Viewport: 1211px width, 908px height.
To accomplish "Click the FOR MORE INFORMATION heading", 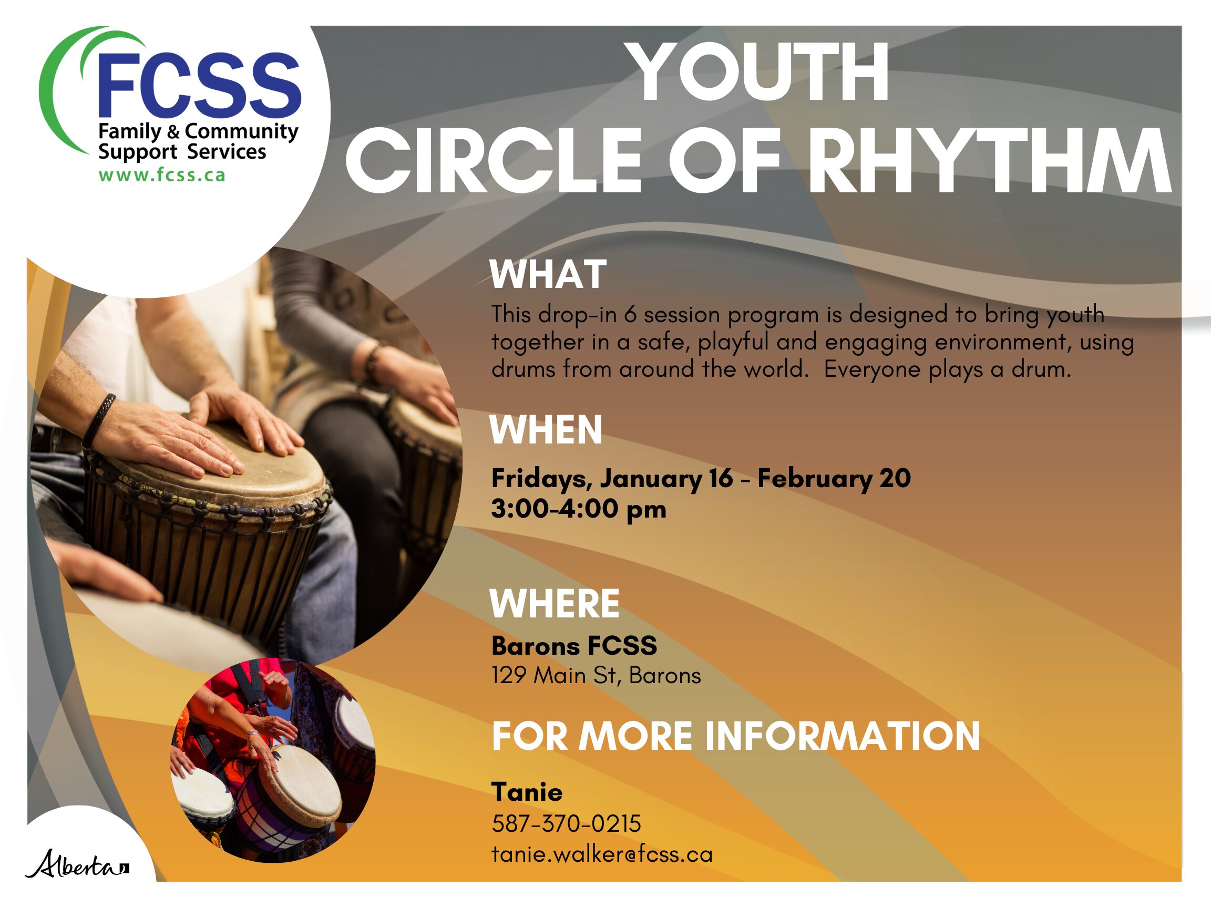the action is click(x=736, y=736).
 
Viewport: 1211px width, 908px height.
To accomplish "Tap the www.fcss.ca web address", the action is click(x=162, y=175).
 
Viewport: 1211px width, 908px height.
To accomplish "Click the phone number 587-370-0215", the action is click(x=566, y=824).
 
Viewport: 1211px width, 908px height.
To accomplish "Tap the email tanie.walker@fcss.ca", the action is click(x=602, y=854).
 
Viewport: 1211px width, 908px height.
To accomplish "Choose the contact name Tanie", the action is click(x=527, y=792).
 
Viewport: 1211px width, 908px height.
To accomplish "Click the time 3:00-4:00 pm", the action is click(x=579, y=509).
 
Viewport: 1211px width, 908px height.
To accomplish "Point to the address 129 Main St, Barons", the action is click(x=596, y=675).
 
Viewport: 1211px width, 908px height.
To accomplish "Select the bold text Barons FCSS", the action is click(x=574, y=646).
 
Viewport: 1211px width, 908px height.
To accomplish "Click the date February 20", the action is click(x=834, y=478).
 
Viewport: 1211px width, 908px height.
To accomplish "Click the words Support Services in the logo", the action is click(x=182, y=152).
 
